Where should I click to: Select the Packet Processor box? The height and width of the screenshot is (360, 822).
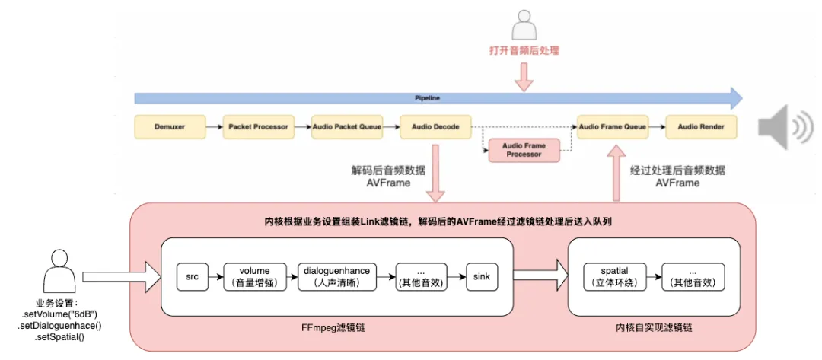[258, 127]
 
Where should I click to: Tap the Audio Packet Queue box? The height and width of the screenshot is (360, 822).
[346, 127]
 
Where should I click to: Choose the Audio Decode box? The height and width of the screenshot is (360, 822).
[435, 127]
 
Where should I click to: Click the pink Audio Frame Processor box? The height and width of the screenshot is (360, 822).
[524, 150]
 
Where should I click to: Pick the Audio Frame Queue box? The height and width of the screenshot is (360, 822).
[613, 127]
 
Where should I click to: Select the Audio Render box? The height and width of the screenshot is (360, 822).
[701, 127]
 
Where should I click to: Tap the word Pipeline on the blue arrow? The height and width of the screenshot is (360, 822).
[427, 98]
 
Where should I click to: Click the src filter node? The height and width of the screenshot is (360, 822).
[192, 276]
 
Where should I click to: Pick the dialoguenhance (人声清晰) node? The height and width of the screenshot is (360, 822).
[336, 276]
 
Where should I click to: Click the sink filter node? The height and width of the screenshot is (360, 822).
[482, 276]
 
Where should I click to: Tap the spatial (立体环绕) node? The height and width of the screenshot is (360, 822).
[614, 276]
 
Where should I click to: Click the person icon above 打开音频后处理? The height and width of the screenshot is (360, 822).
[523, 27]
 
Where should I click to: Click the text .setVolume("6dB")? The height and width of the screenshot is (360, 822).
[60, 314]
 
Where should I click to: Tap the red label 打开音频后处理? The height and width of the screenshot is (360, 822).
[524, 52]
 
